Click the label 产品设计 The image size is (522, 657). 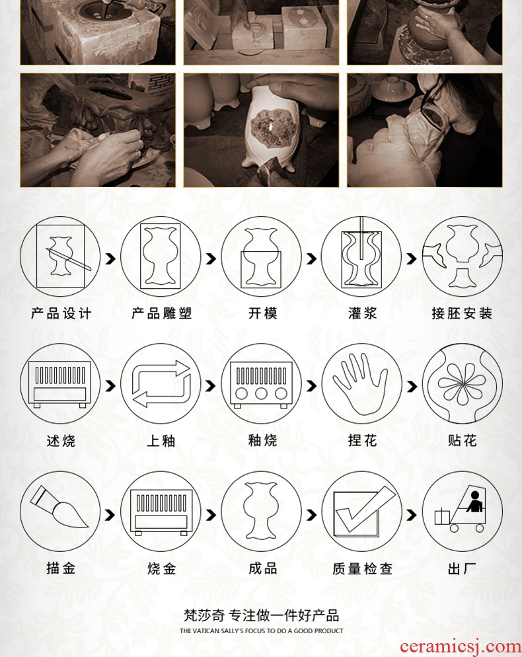pyautogui.click(x=61, y=313)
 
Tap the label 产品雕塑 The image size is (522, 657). pyautogui.click(x=161, y=313)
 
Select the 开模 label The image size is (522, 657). pyautogui.click(x=263, y=313)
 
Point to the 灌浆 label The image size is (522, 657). pyautogui.click(x=362, y=313)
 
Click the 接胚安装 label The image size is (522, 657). pyautogui.click(x=462, y=313)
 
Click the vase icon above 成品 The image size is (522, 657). pyautogui.click(x=261, y=510)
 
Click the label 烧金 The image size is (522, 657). pyautogui.click(x=161, y=568)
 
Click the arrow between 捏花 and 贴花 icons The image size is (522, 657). pyautogui.click(x=412, y=386)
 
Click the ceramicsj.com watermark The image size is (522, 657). pyautogui.click(x=460, y=646)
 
